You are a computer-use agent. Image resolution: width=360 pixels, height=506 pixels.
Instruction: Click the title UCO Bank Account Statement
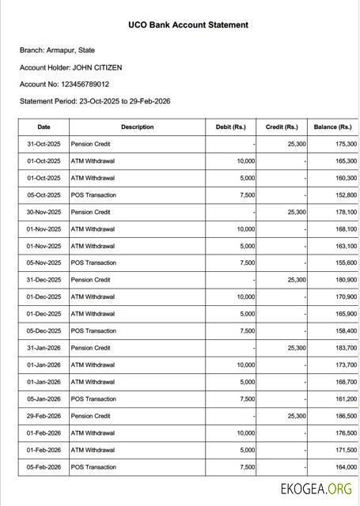click(x=188, y=25)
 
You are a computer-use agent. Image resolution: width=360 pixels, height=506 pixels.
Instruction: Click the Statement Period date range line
click(x=95, y=101)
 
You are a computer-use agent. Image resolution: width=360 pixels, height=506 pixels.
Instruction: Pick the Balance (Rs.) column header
click(x=332, y=126)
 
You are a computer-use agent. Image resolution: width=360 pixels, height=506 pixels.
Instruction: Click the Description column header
click(x=138, y=126)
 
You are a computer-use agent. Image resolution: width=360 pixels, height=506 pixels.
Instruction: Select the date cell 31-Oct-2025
click(x=44, y=145)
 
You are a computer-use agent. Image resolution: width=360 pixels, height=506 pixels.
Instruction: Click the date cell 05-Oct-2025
click(x=44, y=195)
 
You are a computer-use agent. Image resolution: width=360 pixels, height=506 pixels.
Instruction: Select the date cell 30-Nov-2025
click(x=44, y=212)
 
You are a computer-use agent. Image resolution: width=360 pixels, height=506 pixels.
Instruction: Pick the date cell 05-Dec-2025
click(x=44, y=331)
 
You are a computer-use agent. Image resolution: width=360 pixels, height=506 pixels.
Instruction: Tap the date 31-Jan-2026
click(x=44, y=348)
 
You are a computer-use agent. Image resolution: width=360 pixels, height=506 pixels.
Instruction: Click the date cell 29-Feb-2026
click(x=44, y=416)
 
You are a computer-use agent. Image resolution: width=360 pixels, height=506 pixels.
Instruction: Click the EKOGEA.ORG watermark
click(x=316, y=489)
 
